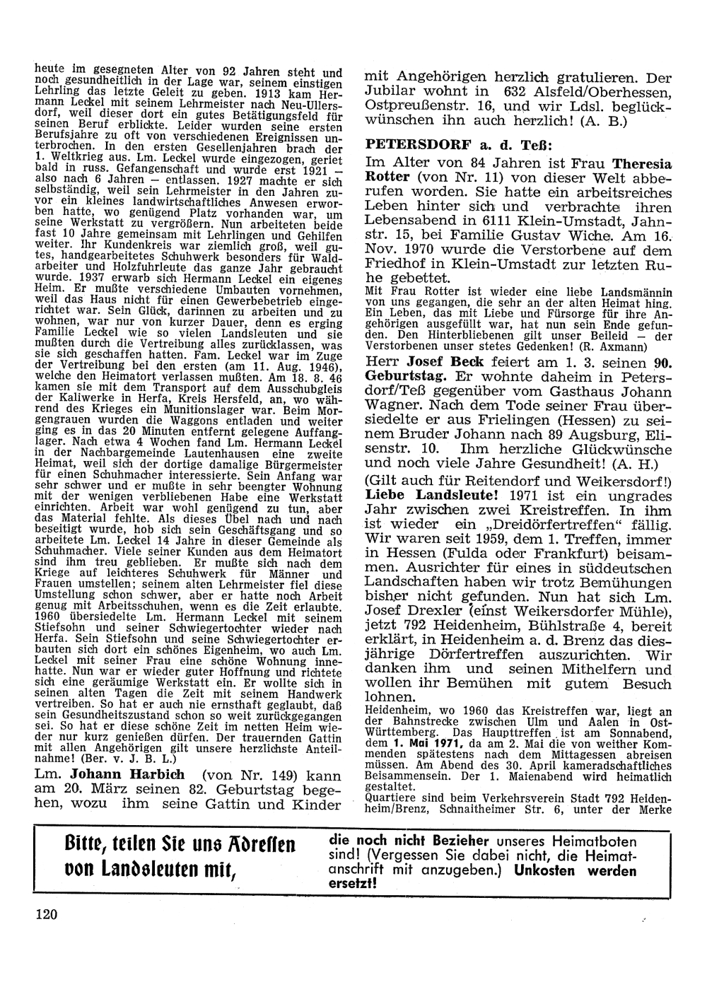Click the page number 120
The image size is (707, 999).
pyautogui.click(x=46, y=914)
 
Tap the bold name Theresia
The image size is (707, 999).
pyautogui.click(x=642, y=162)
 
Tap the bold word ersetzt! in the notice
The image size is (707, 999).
pyautogui.click(x=353, y=884)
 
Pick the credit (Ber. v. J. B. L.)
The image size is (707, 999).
pyautogui.click(x=127, y=758)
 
